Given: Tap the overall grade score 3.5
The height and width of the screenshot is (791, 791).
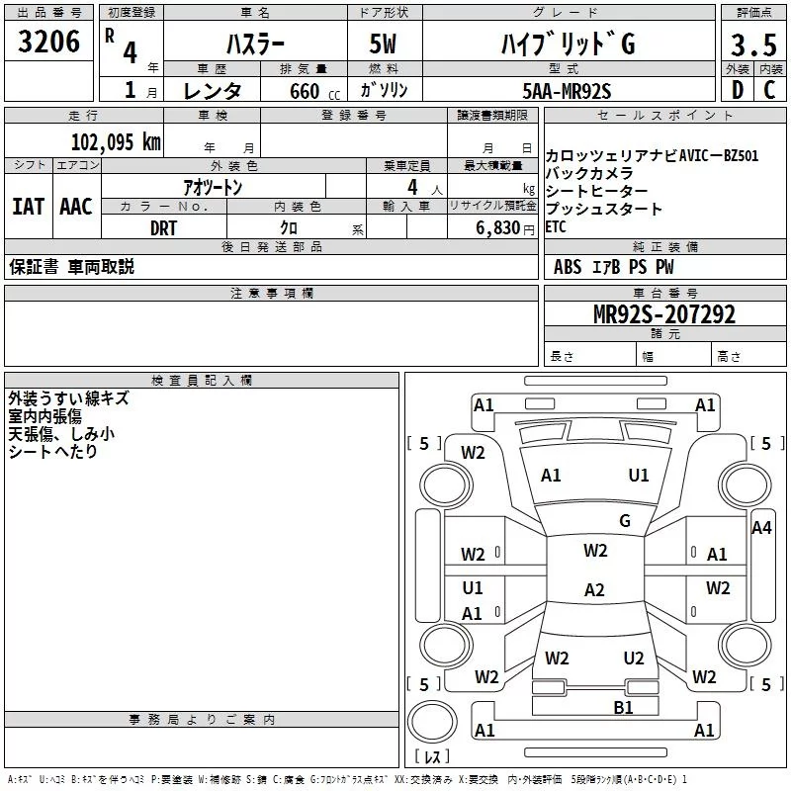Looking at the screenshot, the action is point(751,44).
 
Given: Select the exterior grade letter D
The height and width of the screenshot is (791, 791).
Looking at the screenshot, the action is point(737,89).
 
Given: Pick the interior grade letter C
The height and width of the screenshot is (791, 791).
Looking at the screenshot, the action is point(768,89).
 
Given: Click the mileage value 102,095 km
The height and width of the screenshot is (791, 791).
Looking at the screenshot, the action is point(116,141).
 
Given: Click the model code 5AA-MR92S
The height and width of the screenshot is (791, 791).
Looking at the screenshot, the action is point(567,91).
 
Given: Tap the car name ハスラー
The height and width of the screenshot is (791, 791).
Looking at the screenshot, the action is point(254,44).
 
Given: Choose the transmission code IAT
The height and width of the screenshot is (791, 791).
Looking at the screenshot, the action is point(28,207).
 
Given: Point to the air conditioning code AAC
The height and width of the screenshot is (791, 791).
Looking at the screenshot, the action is point(75,207).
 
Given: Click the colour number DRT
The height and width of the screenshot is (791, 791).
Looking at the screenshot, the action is point(164,226).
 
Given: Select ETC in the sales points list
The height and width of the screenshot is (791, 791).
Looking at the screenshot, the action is point(556,226).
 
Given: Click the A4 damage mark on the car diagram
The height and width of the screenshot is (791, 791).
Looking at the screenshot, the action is point(761,528).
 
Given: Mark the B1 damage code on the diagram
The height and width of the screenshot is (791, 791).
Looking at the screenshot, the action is point(623,707).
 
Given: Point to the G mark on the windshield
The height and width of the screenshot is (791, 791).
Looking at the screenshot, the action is point(625,520).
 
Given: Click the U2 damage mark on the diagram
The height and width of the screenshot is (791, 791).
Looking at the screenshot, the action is point(634,658).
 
